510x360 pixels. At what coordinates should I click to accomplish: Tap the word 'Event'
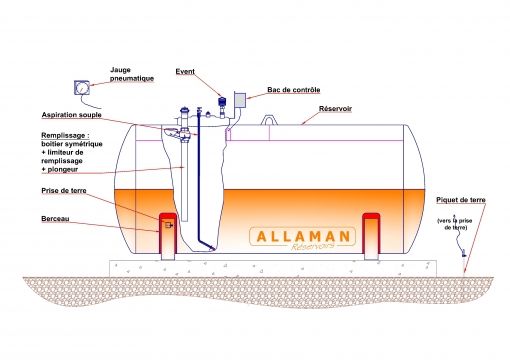coord(185,72)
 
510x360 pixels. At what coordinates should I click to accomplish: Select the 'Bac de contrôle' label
coord(292,90)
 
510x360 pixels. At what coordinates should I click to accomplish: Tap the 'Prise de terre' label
coord(63,190)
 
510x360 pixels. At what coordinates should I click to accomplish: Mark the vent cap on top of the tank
coord(221,102)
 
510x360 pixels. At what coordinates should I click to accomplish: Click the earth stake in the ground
coord(462,261)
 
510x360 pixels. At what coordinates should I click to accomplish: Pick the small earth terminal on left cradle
coord(169,225)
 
